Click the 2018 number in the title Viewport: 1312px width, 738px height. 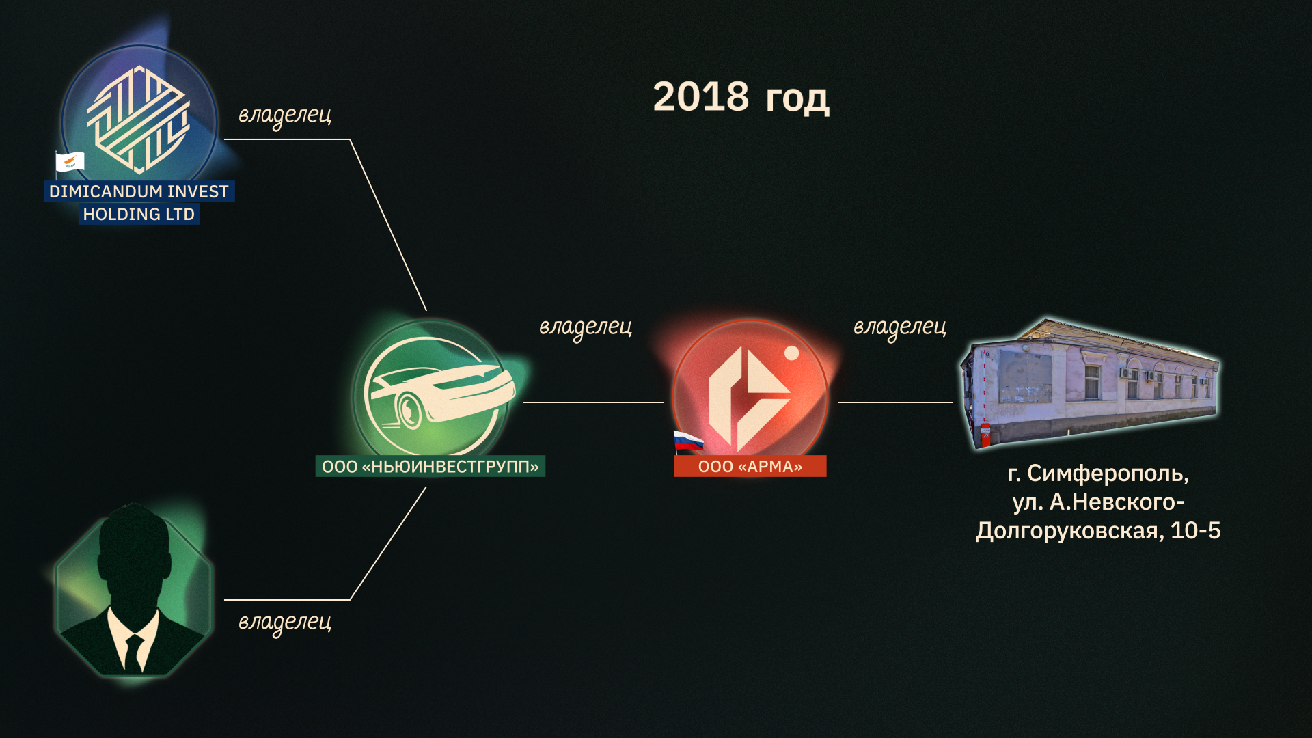(700, 96)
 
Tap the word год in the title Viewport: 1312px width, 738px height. (797, 99)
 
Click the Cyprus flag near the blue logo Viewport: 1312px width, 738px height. (70, 162)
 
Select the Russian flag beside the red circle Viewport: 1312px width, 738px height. (688, 441)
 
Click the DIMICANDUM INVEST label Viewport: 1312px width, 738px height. (139, 191)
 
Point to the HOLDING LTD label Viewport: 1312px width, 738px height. (139, 214)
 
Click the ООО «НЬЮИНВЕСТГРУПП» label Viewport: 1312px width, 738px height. (430, 466)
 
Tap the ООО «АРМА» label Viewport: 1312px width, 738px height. (750, 466)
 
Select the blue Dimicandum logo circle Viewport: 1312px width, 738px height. (139, 120)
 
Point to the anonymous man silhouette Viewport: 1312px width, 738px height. (134, 591)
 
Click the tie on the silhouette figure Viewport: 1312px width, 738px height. (134, 653)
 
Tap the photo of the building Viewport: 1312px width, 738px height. (1089, 383)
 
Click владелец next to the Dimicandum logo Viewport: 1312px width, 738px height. (285, 115)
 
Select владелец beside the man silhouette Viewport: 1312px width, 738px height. (285, 623)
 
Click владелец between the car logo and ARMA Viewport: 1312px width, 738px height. (586, 327)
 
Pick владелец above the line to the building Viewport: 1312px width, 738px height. (900, 327)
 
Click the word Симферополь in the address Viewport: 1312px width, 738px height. (1108, 474)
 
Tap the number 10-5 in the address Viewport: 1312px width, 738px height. (1196, 530)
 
